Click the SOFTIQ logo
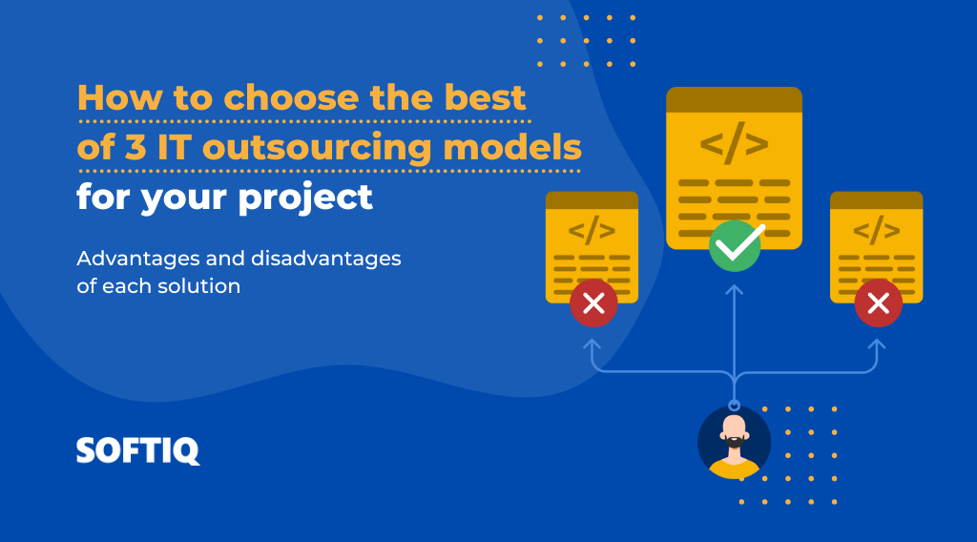point(138,450)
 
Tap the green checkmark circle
point(735,246)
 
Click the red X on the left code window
point(593,303)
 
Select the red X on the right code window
point(878,303)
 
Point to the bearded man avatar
point(734,442)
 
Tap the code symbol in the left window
point(592,230)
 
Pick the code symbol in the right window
point(876,230)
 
